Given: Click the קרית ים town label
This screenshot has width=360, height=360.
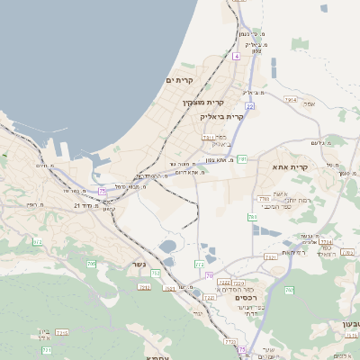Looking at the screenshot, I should pos(180,81).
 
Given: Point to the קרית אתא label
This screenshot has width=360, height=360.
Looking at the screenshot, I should pos(290,166).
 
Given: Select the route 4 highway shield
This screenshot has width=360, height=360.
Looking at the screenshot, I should pos(236,56).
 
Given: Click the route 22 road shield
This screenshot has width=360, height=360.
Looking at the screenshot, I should pos(250,106).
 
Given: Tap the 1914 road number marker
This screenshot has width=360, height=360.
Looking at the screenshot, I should pos(290,99).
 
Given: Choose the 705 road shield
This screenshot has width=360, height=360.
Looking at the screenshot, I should pos(92,264).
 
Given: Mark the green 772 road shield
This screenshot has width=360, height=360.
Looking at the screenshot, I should pos(199,265).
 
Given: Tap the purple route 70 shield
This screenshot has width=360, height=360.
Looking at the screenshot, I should pos(209,275).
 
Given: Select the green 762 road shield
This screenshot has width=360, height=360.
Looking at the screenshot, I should pos(290,290).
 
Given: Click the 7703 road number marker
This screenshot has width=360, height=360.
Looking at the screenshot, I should pos(263,199).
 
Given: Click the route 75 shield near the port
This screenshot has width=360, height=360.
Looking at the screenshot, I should pos(103,191).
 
